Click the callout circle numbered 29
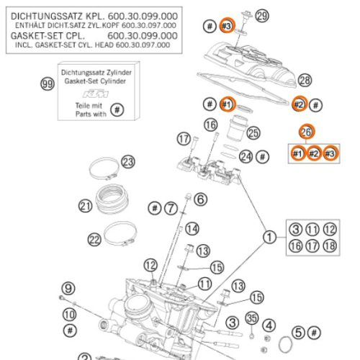point(262,16)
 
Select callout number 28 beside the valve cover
point(305,80)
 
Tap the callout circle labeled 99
point(48,84)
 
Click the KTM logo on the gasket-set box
point(96,94)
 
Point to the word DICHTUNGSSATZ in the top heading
point(46,17)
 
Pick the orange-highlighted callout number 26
point(307,132)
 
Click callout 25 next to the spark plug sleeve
point(253,133)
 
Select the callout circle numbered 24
point(246,157)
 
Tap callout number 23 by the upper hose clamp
point(128,162)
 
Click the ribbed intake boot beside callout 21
point(112,198)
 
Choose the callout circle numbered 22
point(94,240)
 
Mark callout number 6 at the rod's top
point(200,199)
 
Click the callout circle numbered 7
point(171,208)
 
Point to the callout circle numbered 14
point(192,229)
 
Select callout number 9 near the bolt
point(68,288)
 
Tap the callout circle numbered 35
point(252,318)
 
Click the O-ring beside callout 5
point(286,345)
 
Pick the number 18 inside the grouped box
point(330,246)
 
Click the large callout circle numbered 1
point(269,237)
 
